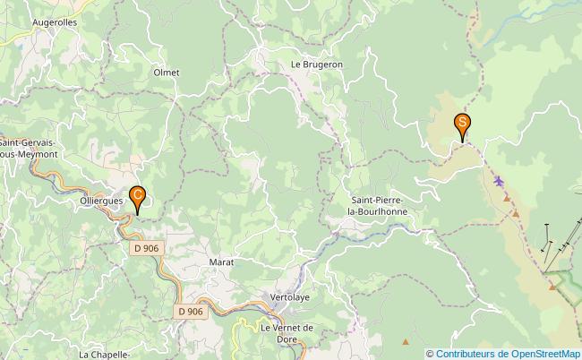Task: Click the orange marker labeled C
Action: (x=137, y=196)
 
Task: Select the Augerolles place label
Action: (x=55, y=21)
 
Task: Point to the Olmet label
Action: (x=167, y=73)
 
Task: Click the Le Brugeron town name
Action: (x=317, y=65)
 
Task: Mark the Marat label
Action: (x=221, y=262)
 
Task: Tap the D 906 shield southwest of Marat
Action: (x=190, y=311)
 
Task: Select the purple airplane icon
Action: (x=499, y=183)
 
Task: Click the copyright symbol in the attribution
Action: (x=430, y=353)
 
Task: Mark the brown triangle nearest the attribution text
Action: (x=406, y=341)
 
